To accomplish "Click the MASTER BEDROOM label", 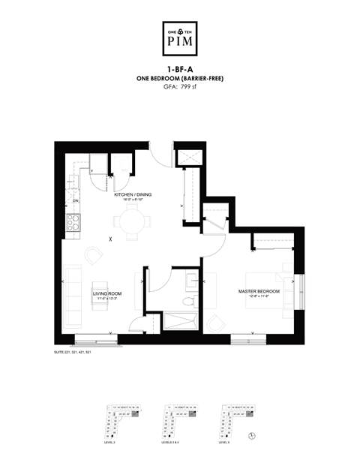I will (259, 291).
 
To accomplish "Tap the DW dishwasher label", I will (76, 201).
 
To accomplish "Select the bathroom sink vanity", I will (190, 279).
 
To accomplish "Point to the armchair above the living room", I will (94, 257).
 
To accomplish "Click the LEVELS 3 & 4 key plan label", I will (172, 443).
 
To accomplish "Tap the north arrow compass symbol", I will (252, 434).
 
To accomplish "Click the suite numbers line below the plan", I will (73, 352).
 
